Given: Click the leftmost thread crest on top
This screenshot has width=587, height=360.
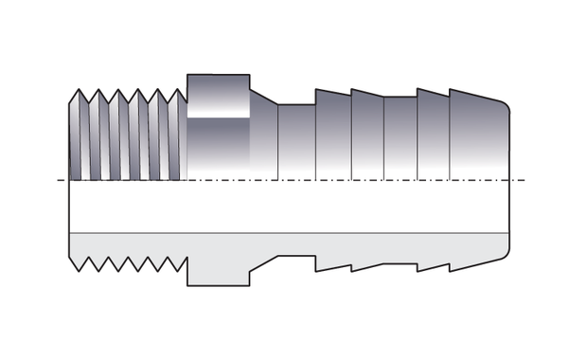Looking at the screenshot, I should [x=75, y=91].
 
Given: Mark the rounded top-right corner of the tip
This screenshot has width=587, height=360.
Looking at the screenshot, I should [x=508, y=106].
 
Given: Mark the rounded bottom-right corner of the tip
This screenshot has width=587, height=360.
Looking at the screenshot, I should [x=508, y=253].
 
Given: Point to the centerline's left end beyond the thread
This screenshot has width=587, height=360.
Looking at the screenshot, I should [x=60, y=179].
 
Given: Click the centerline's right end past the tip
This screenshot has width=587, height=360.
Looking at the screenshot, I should [x=523, y=179].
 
